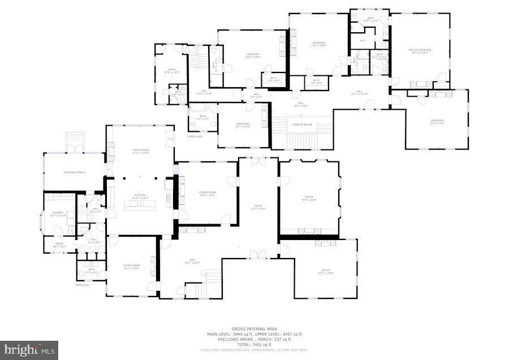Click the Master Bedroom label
click(420, 51)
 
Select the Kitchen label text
click(139, 196)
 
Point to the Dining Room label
click(208, 194)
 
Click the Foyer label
click(258, 207)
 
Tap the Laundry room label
click(58, 213)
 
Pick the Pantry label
click(59, 245)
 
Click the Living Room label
click(132, 266)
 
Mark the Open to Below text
click(303, 125)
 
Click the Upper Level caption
click(196, 136)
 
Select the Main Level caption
click(83, 285)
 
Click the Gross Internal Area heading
click(254, 329)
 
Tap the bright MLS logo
click(29, 350)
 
